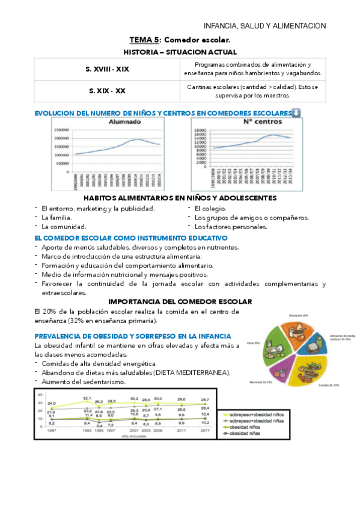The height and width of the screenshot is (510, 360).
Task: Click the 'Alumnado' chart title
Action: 124,121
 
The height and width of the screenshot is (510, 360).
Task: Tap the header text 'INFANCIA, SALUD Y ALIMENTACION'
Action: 264,26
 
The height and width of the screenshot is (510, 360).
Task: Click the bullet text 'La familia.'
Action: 56,218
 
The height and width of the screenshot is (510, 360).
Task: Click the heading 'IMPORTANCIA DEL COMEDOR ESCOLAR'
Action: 180,301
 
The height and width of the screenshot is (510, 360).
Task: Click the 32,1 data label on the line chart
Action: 87,398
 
